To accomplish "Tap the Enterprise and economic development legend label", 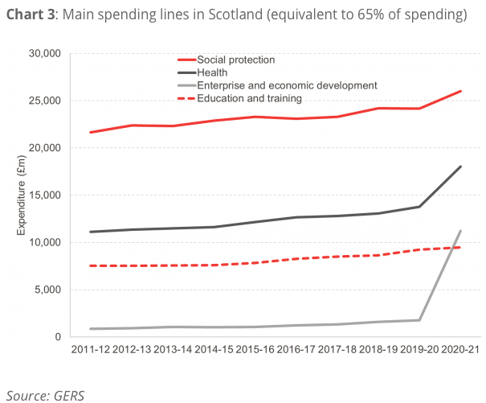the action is (x=287, y=85).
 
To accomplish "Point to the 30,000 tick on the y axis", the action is (x=45, y=53).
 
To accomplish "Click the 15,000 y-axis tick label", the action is (x=45, y=195).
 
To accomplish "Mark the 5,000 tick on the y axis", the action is (x=47, y=290).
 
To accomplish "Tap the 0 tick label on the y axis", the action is (x=58, y=337).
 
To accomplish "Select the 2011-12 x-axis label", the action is (x=91, y=350).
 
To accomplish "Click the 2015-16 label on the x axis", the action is (x=255, y=350).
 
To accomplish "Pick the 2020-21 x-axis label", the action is (x=460, y=350).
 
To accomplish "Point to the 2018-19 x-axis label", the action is (x=378, y=350).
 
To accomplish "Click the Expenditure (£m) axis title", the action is (x=21, y=195).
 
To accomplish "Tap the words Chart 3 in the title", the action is (x=31, y=14).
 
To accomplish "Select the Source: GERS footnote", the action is (x=45, y=396).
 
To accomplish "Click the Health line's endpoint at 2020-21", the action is (x=460, y=167).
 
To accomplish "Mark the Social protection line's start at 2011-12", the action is (x=91, y=132).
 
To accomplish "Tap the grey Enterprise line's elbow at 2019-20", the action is (x=419, y=320).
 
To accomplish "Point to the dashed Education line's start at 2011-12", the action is (x=91, y=265).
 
